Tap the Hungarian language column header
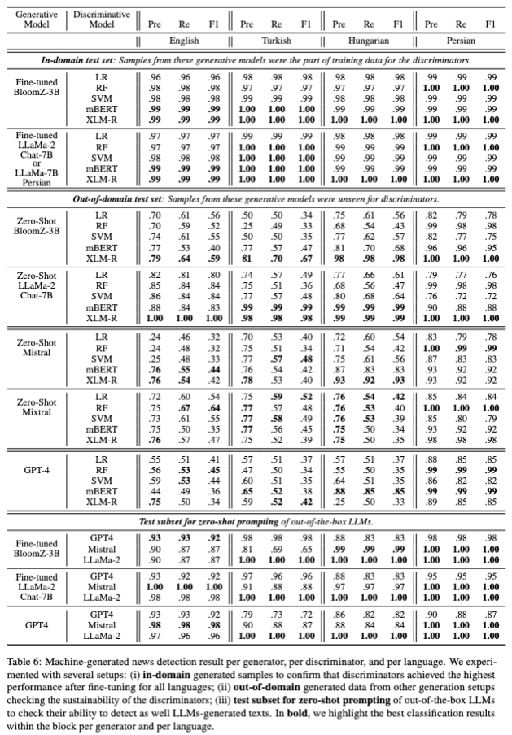pos(367,39)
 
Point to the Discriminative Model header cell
pos(102,19)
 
